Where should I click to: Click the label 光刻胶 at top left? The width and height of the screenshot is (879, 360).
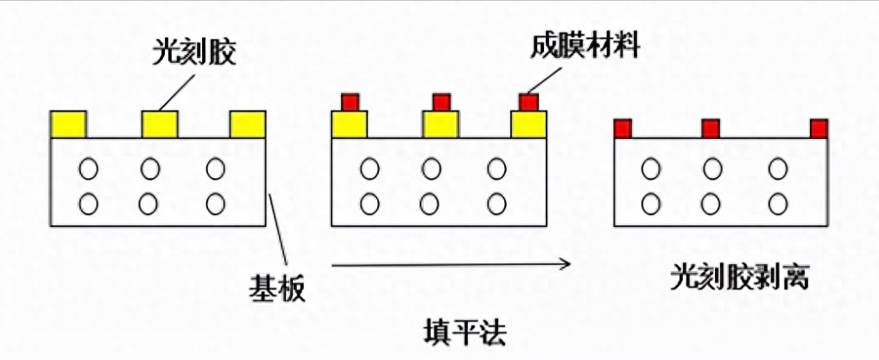[x=194, y=54]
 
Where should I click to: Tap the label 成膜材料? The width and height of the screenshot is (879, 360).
[x=585, y=46]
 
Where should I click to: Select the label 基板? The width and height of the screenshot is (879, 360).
[x=277, y=286]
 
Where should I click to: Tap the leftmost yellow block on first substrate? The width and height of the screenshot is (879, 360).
[x=68, y=124]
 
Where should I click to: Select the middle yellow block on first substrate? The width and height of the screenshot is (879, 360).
[x=160, y=124]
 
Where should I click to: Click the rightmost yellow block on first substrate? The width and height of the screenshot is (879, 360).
[x=248, y=124]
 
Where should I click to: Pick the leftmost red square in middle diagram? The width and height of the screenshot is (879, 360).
[x=351, y=102]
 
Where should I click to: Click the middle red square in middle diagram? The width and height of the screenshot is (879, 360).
[x=441, y=102]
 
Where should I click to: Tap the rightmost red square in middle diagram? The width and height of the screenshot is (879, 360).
[x=528, y=102]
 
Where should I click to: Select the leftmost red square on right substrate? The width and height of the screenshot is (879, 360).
[x=622, y=129]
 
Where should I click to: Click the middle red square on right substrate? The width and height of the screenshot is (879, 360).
[x=711, y=129]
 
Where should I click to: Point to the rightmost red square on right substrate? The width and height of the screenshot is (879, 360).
[x=819, y=129]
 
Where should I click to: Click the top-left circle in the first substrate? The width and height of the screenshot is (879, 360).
[x=88, y=168]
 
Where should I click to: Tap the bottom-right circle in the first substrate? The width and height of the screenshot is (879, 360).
[x=216, y=204]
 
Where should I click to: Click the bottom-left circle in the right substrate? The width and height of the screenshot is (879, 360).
[x=648, y=204]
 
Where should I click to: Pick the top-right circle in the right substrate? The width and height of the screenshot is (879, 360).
[x=778, y=168]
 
